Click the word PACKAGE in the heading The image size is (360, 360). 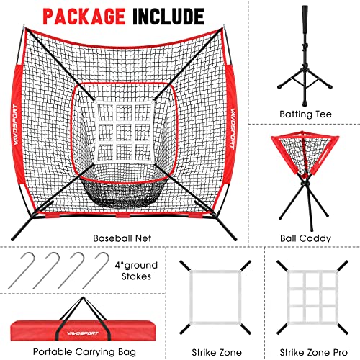[83, 14]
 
